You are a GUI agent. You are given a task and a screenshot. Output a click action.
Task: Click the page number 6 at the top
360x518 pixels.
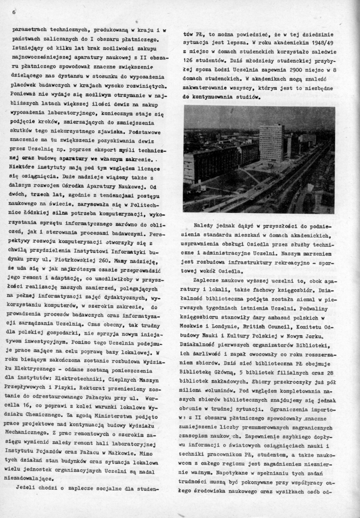13,13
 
